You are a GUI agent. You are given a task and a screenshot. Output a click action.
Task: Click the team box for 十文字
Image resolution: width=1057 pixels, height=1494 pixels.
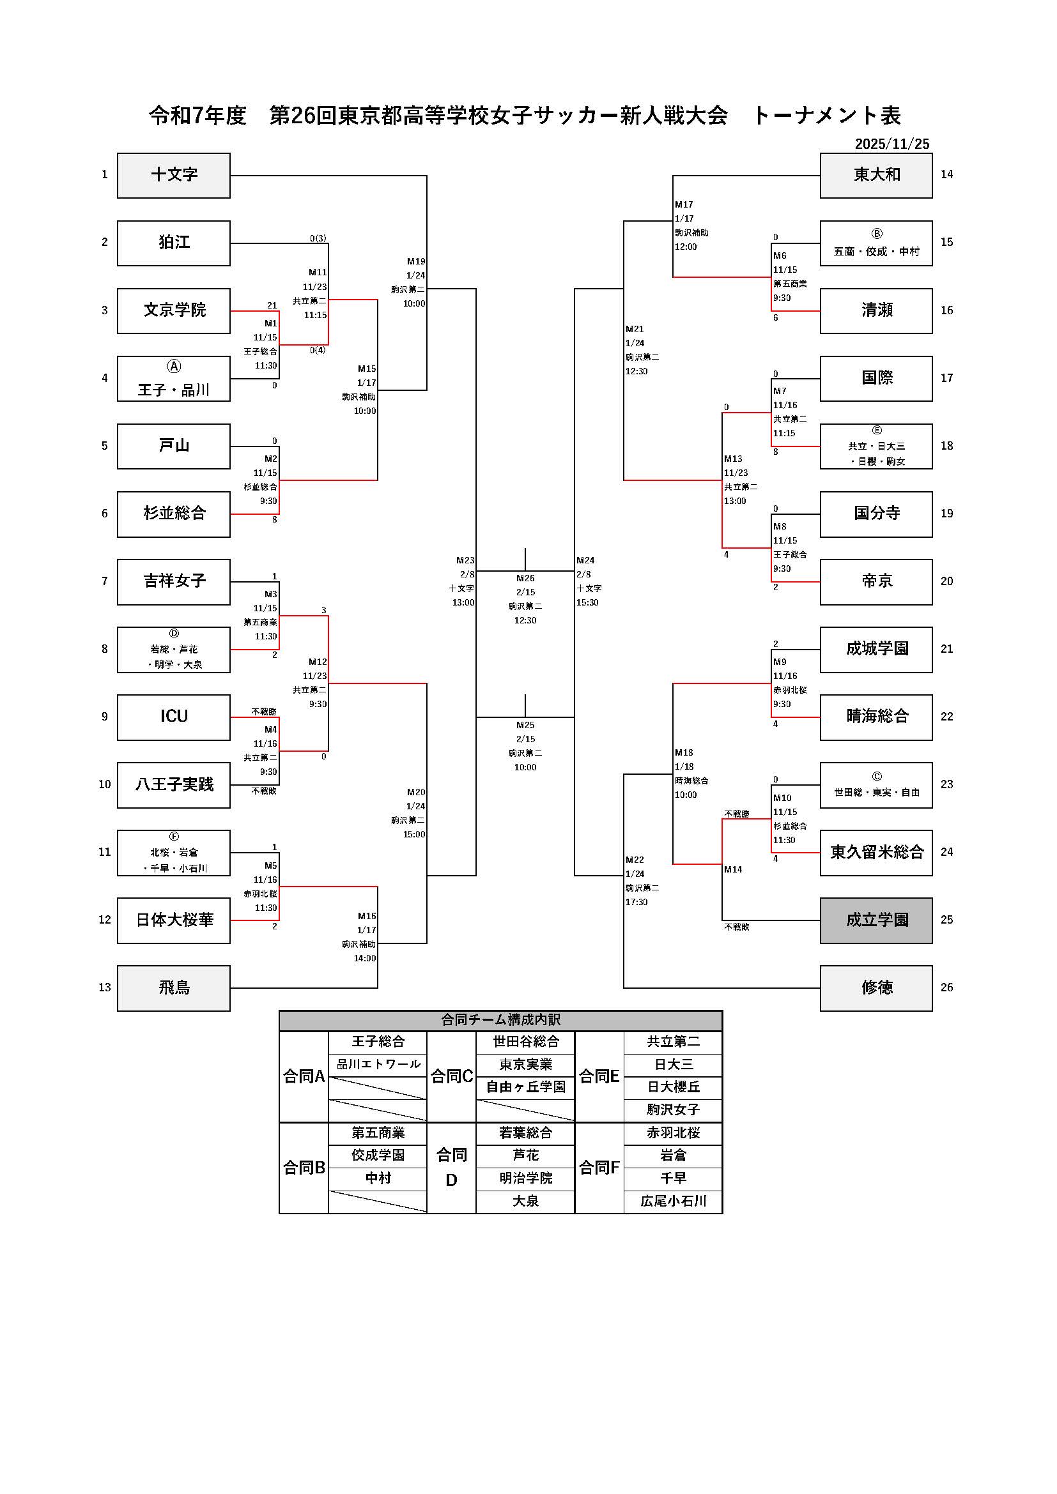point(174,175)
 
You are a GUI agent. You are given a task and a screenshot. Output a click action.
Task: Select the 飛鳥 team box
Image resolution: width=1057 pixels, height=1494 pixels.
point(174,987)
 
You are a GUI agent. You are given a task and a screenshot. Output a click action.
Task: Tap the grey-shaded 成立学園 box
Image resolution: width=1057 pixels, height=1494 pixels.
point(876,920)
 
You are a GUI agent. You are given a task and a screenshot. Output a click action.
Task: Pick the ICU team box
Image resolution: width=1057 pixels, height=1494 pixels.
point(174,717)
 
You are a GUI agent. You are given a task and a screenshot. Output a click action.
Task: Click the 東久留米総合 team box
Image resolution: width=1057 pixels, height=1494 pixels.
point(876,853)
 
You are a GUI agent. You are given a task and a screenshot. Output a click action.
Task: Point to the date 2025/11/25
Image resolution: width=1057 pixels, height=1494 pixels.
point(891,144)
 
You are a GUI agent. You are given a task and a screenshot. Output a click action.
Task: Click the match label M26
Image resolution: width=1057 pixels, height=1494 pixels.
point(525,578)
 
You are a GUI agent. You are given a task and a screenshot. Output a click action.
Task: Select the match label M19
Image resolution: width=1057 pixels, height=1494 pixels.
point(416,262)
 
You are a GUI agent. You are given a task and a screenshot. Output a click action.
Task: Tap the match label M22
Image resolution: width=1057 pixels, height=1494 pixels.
point(635,860)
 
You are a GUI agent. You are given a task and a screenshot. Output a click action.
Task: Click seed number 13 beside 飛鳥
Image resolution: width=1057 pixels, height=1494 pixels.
point(105,987)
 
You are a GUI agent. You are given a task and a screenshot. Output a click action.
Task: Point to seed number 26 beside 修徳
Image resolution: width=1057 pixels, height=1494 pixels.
point(946,987)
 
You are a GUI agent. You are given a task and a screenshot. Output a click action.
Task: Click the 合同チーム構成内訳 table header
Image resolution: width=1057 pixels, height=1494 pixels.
point(500,1019)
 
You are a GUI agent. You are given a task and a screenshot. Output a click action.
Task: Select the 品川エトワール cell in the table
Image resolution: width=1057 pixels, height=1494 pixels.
point(378,1065)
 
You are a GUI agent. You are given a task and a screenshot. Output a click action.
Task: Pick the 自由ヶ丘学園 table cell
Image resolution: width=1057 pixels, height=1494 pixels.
point(525,1087)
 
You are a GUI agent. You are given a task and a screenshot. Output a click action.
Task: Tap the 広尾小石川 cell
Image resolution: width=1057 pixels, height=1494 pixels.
point(673,1201)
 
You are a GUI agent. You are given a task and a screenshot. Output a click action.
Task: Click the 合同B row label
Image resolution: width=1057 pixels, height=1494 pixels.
point(304,1168)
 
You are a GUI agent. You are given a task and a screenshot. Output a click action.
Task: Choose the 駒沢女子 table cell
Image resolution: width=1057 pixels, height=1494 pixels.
point(673,1110)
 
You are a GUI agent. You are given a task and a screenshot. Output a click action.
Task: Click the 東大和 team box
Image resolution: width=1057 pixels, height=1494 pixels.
point(876,175)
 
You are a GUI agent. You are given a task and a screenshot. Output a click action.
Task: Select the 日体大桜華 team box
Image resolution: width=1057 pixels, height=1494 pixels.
point(174,920)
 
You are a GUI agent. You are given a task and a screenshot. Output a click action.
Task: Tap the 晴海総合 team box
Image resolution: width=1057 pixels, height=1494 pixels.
point(876,717)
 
